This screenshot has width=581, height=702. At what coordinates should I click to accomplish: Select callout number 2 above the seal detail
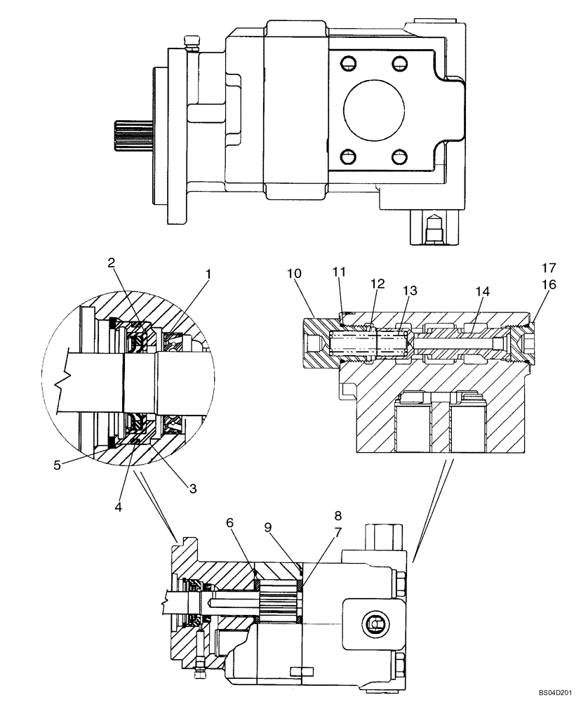[x=111, y=263]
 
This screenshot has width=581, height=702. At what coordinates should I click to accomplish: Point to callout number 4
[x=119, y=505]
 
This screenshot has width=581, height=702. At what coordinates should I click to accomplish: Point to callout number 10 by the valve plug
[x=293, y=272]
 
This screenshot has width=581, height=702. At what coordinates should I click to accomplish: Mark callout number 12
[x=378, y=284]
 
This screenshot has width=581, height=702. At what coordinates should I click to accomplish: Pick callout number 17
[x=548, y=267]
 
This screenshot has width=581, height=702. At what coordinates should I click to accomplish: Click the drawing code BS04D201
[x=556, y=691]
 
